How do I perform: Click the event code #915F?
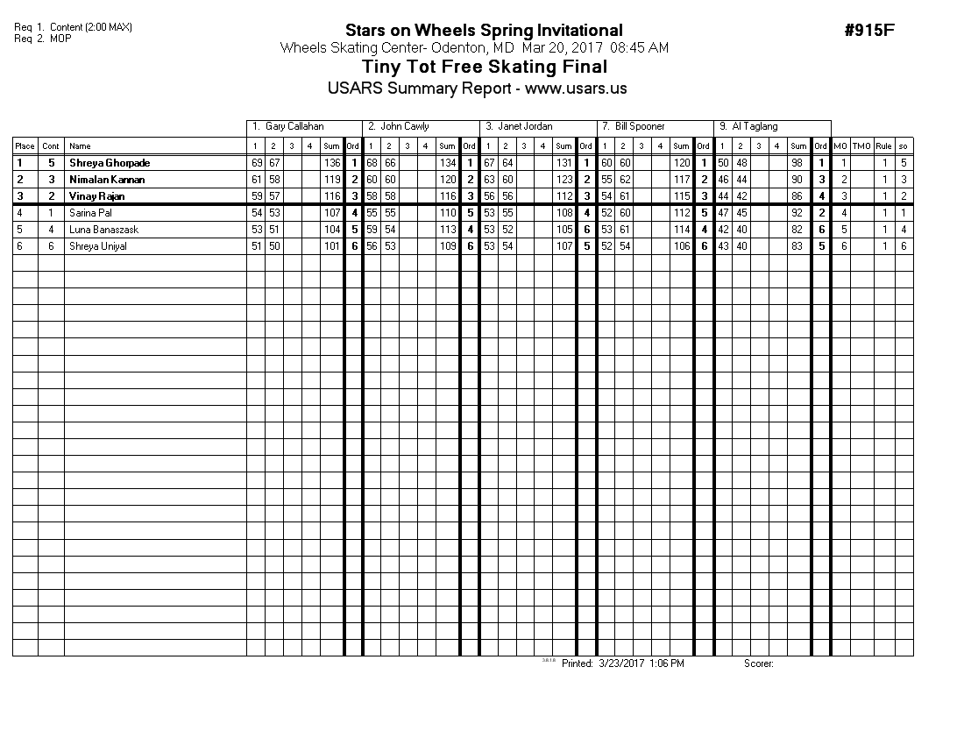(869, 31)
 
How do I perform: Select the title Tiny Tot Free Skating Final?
(484, 67)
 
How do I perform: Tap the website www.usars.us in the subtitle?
(576, 89)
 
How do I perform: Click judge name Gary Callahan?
(294, 127)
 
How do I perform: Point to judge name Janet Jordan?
(525, 127)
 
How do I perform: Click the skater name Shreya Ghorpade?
(110, 163)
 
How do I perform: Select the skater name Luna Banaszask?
(103, 230)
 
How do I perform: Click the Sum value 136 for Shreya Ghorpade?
(332, 163)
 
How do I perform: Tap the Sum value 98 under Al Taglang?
(797, 163)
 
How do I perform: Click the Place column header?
(25, 146)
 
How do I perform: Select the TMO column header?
(862, 146)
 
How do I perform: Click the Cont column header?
(51, 146)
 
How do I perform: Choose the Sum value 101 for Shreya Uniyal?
(332, 246)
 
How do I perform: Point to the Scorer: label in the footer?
(759, 663)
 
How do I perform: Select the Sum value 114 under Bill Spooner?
(681, 230)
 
